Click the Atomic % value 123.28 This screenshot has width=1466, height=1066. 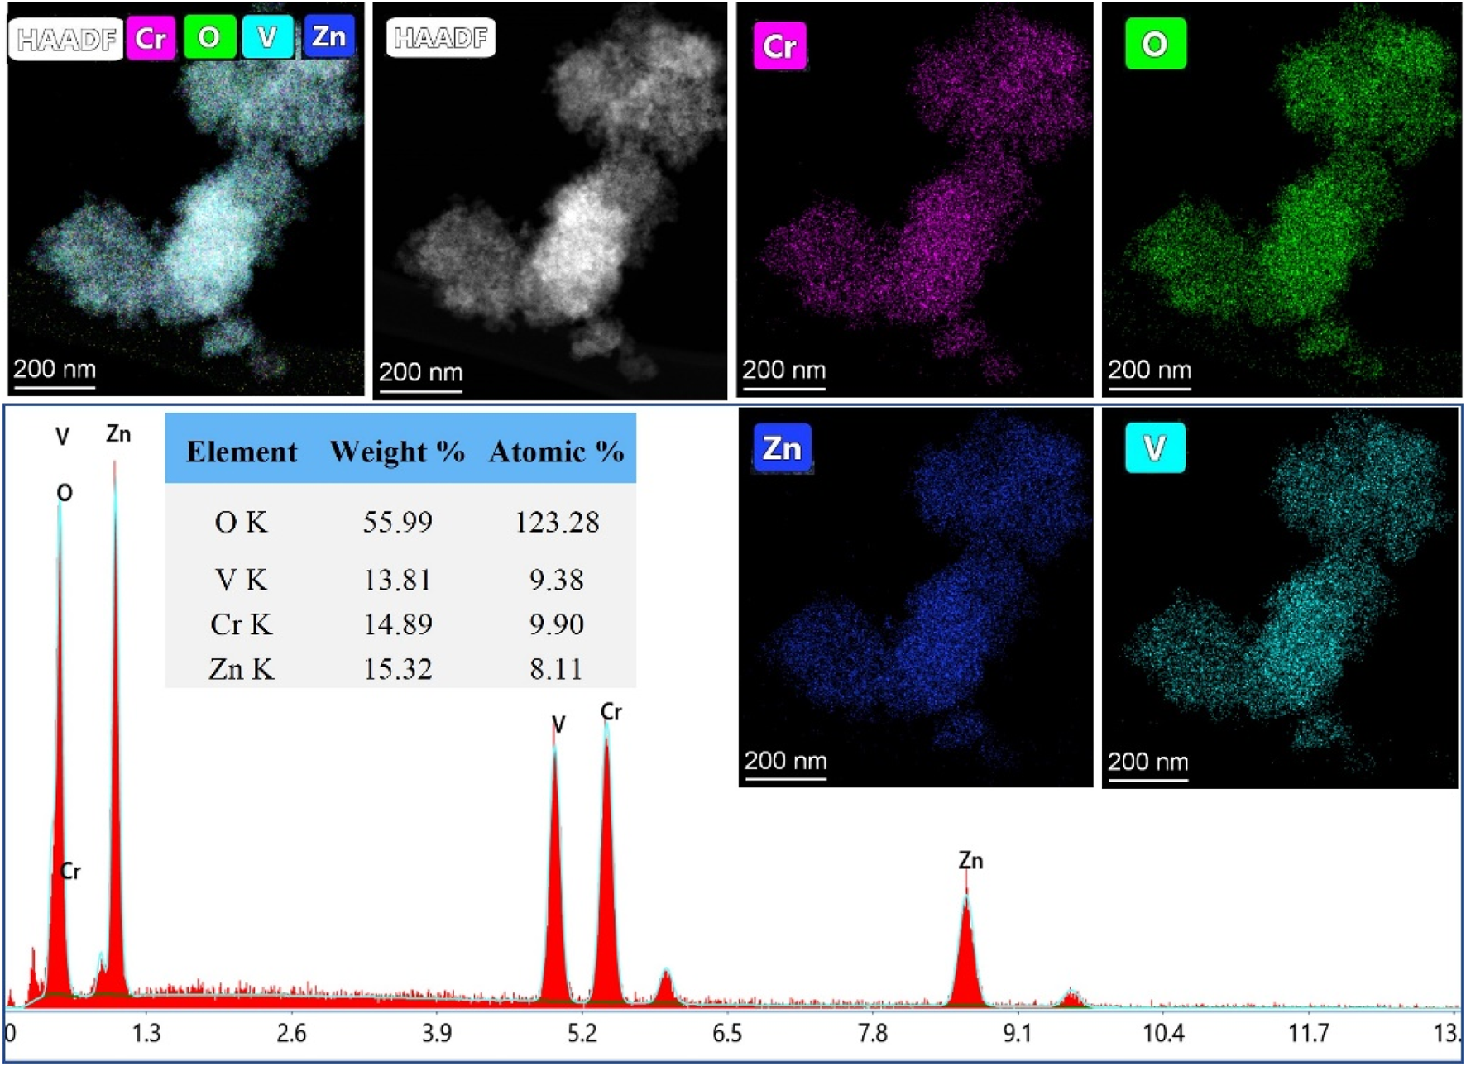(x=556, y=523)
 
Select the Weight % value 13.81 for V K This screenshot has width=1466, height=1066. (x=397, y=581)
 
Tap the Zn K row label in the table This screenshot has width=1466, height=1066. (x=241, y=669)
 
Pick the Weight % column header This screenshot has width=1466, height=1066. (x=397, y=452)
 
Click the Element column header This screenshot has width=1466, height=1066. (x=241, y=452)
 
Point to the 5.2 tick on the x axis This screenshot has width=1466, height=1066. (x=582, y=1034)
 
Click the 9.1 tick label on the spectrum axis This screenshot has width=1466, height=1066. (x=1018, y=1034)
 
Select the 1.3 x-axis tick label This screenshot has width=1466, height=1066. (x=146, y=1034)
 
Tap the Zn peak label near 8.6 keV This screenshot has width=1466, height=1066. (x=970, y=861)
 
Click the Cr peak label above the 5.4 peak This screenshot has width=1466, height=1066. (x=611, y=712)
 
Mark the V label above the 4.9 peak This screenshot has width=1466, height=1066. (x=558, y=725)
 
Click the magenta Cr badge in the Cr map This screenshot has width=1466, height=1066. (x=779, y=46)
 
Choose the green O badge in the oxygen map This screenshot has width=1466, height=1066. (x=1155, y=44)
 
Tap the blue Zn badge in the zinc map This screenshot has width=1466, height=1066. (x=782, y=449)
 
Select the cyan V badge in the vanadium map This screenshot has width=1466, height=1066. (x=1155, y=448)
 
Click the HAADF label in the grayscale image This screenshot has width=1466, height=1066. (x=440, y=38)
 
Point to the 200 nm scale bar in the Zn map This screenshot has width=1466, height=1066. (x=785, y=777)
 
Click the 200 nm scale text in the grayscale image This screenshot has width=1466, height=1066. (x=420, y=373)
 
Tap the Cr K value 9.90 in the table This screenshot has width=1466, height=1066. (x=556, y=624)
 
